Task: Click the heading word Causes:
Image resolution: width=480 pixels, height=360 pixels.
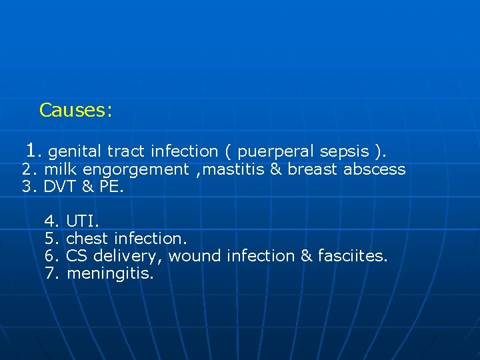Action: pyautogui.click(x=75, y=110)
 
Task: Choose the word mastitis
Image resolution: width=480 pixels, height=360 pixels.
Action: pyautogui.click(x=234, y=169)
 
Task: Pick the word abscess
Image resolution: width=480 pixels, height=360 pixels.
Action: pyautogui.click(x=374, y=169)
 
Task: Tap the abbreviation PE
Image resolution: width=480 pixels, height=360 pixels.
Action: pyautogui.click(x=111, y=187)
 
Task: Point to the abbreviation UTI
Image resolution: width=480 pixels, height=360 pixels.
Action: pyautogui.click(x=83, y=220)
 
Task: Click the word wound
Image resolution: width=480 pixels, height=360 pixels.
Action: pyautogui.click(x=195, y=256)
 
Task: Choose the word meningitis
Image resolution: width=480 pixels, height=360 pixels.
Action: pyautogui.click(x=111, y=274)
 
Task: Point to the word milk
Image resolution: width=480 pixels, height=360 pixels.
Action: pyautogui.click(x=61, y=169)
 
